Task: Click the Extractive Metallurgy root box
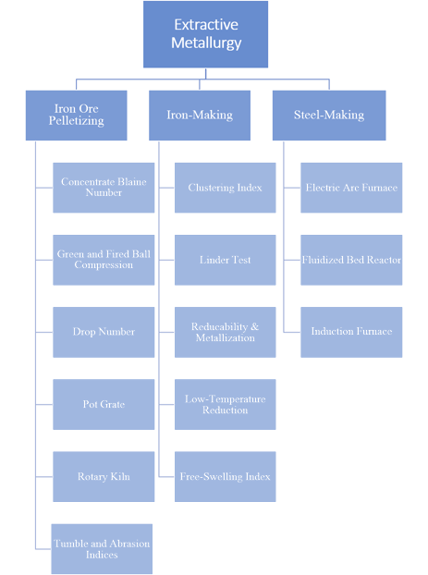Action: point(205,34)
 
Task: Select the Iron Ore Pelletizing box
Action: point(77,116)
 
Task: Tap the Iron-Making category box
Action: point(200,116)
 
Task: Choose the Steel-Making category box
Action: point(329,116)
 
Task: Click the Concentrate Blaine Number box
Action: point(104,188)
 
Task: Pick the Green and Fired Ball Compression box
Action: point(104,260)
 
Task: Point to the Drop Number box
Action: point(104,332)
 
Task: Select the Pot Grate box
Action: point(104,404)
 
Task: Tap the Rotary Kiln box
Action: point(104,476)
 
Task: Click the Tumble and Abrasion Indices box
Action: point(102,548)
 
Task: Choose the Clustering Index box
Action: point(226,188)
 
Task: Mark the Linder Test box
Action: point(226,260)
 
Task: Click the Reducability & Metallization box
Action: point(226,332)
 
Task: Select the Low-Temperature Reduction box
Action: point(226,404)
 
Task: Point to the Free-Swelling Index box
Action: point(226,476)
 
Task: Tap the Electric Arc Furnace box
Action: point(351,188)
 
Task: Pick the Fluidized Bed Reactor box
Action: point(351,260)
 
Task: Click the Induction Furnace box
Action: point(351,332)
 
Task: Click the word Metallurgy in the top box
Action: point(206,43)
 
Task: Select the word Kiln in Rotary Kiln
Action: point(120,476)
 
